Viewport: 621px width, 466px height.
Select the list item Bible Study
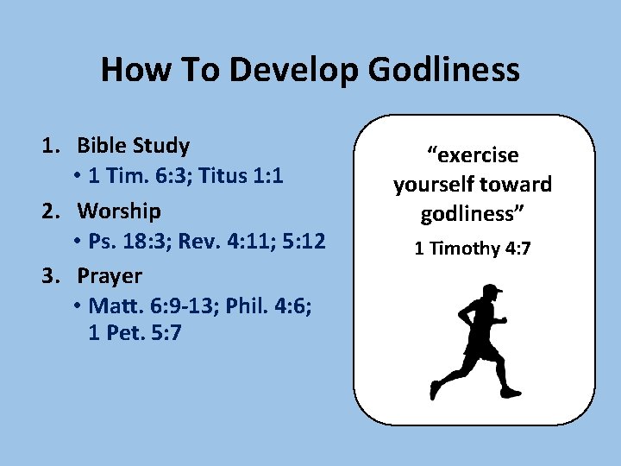pos(134,145)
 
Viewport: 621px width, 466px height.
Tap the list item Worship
pos(119,211)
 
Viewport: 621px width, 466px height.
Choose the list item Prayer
pos(110,276)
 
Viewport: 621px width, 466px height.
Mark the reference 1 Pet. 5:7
pos(135,333)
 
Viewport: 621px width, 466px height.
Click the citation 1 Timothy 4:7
pos(473,249)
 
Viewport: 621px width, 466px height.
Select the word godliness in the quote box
pos(473,213)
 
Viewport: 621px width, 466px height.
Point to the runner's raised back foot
pos(435,390)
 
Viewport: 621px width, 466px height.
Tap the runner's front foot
pos(511,393)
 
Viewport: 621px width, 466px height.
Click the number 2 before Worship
pos(51,211)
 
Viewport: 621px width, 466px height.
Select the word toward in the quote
pos(517,185)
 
